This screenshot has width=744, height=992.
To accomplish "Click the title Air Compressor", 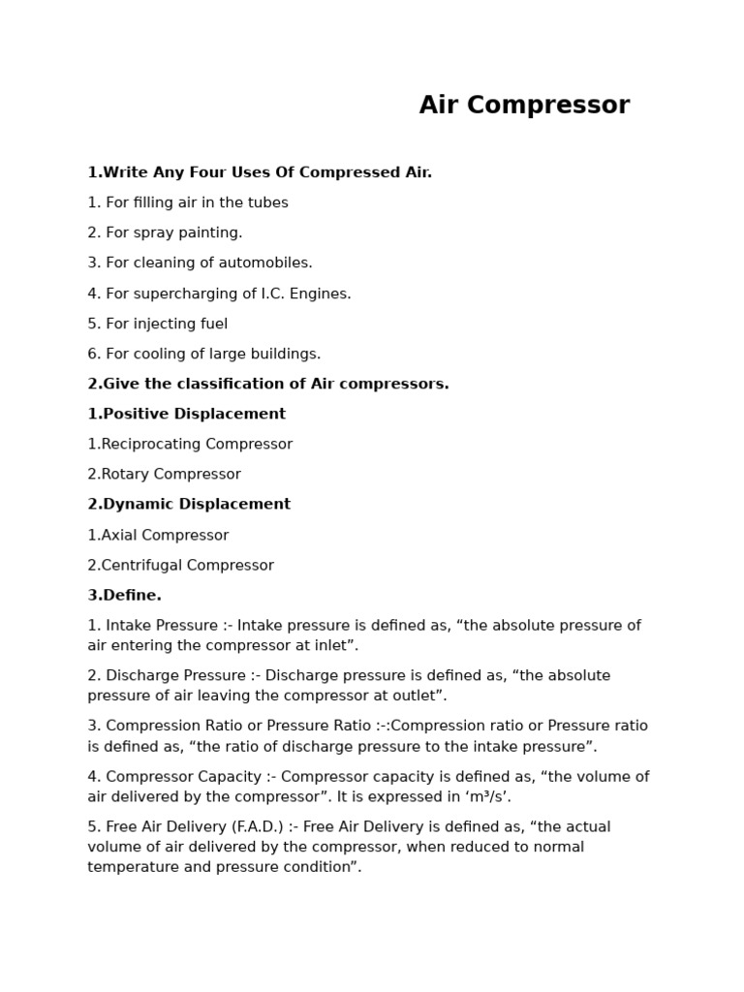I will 524,106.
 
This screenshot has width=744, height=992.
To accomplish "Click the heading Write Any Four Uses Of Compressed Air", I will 260,172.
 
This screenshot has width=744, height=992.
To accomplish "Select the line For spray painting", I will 165,232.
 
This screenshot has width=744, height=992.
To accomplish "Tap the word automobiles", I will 267,263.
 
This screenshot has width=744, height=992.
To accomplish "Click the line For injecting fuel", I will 157,324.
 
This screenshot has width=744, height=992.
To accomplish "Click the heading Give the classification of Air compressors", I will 268,384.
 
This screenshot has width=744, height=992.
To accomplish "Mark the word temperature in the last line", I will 131,867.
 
